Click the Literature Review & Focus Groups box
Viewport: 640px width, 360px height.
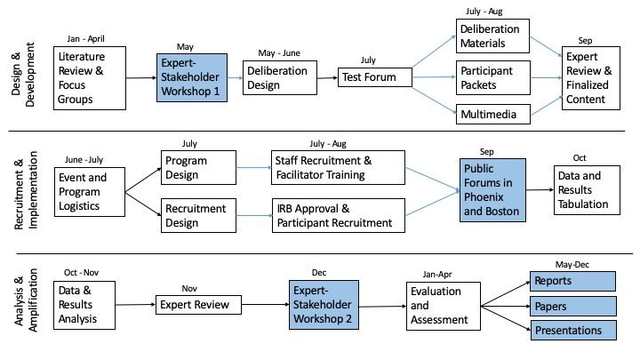(x=88, y=78)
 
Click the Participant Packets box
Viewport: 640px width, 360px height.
(x=493, y=77)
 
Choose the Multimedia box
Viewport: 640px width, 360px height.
(x=493, y=114)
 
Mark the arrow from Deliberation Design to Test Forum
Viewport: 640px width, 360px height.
(x=324, y=77)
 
